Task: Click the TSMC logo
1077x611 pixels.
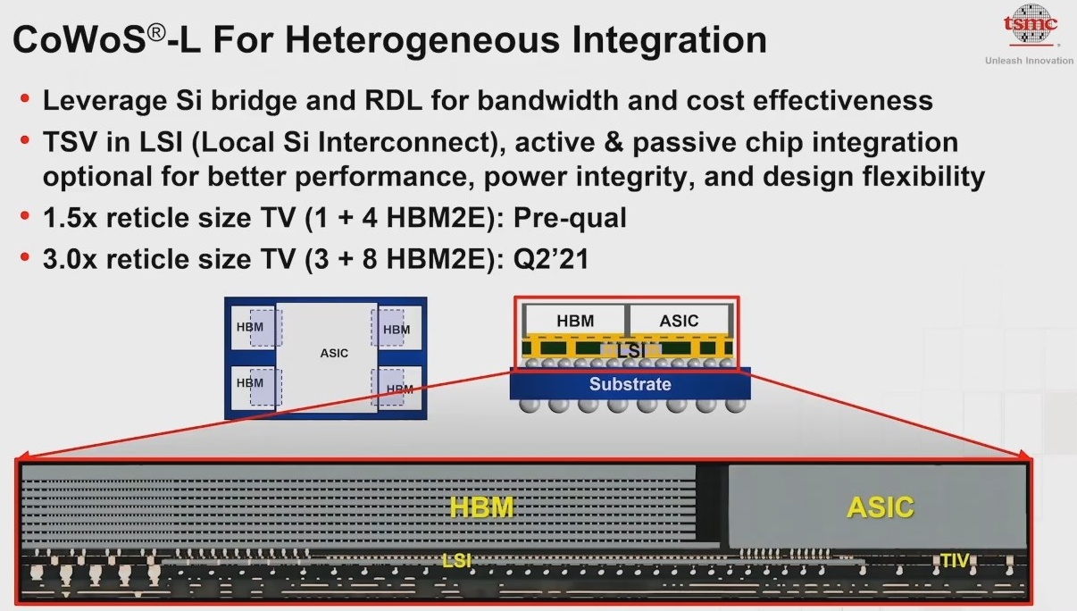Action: point(1030,25)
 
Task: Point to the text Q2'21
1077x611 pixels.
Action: point(551,259)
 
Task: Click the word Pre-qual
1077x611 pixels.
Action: point(570,217)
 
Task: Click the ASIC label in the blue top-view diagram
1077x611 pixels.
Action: point(334,353)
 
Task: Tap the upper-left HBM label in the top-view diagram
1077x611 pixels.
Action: point(249,327)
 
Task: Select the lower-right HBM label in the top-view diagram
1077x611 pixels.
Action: point(399,389)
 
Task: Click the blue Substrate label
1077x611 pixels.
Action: point(630,384)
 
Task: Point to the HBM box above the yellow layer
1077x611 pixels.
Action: point(575,321)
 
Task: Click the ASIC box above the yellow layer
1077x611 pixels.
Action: point(679,321)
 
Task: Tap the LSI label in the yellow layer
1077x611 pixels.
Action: point(631,351)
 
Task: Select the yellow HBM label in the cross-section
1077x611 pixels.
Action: point(481,507)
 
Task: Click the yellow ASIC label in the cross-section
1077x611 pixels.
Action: point(881,507)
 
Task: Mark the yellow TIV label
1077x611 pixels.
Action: point(955,560)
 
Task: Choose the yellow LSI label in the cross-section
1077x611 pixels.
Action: point(456,560)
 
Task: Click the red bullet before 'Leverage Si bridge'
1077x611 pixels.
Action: point(25,98)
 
